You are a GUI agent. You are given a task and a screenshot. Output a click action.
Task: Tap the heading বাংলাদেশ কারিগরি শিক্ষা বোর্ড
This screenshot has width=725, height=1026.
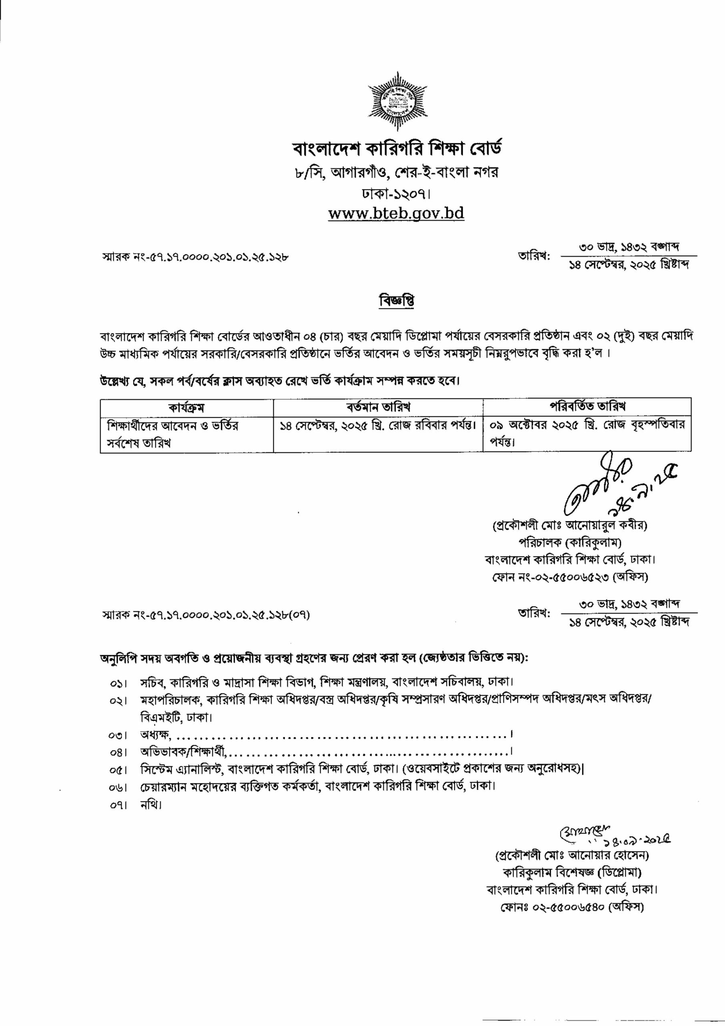pyautogui.click(x=396, y=149)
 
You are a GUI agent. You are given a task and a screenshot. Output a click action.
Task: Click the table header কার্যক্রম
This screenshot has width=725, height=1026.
pyautogui.click(x=187, y=407)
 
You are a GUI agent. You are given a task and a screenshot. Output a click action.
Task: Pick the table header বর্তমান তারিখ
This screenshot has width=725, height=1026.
pyautogui.click(x=378, y=407)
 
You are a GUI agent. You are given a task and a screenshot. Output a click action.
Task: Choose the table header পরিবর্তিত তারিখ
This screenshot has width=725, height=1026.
pyautogui.click(x=587, y=406)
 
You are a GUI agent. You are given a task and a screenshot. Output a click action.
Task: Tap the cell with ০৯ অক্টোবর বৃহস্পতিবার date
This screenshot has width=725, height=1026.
pyautogui.click(x=586, y=432)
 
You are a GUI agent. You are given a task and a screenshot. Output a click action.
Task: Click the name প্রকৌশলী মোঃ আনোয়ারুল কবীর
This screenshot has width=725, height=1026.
pyautogui.click(x=569, y=525)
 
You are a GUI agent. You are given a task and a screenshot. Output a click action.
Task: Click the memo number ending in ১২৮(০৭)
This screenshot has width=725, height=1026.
pyautogui.click(x=205, y=615)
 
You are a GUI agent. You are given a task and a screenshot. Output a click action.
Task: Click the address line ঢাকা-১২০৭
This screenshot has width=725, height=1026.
pyautogui.click(x=396, y=194)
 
